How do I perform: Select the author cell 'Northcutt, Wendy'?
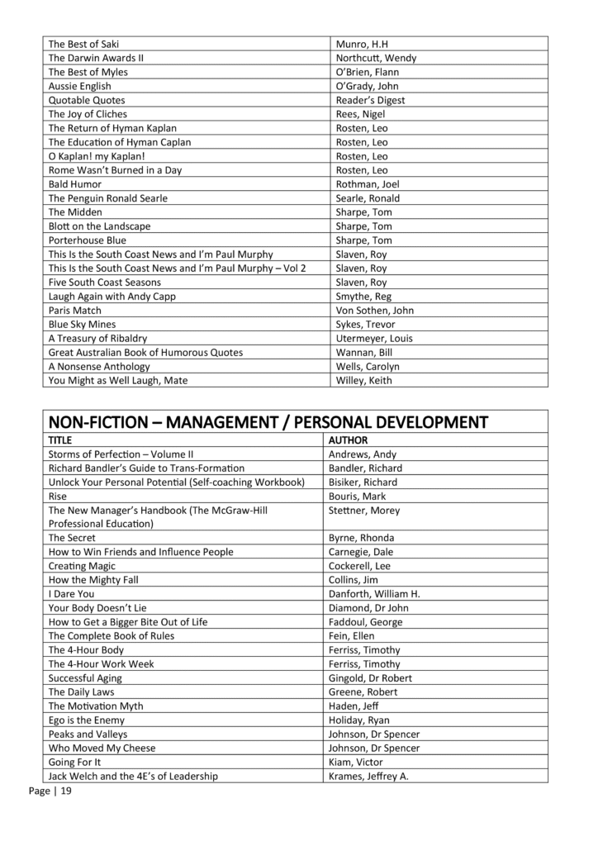pos(376,58)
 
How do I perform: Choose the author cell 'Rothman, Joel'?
pos(368,184)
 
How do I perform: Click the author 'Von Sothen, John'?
pos(375,310)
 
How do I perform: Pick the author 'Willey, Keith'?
pos(364,380)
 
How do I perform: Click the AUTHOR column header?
pos(349,440)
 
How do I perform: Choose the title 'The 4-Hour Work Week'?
pos(101,663)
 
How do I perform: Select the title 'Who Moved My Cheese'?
pos(102,748)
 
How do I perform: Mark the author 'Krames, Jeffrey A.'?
pos(369,776)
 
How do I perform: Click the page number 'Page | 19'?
pos(50,791)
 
